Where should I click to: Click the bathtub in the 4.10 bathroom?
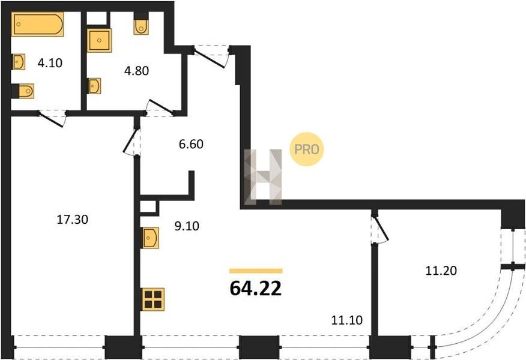(x=38, y=24)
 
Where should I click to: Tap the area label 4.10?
(x=50, y=62)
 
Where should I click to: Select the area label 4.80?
(x=136, y=71)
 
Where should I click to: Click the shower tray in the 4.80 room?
(x=99, y=40)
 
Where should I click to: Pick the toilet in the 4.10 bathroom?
(x=23, y=91)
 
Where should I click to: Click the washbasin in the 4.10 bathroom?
(x=19, y=62)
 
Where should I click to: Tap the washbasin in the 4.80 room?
(x=94, y=86)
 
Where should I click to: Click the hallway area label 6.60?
(x=191, y=144)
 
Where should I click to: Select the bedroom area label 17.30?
(x=73, y=220)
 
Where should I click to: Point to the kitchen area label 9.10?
(x=187, y=226)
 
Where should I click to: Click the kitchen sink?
(x=150, y=238)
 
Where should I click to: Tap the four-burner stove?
(x=153, y=299)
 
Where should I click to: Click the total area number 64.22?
(x=256, y=289)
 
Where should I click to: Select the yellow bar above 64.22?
(x=256, y=271)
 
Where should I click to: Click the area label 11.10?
(x=347, y=320)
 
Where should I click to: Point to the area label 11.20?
(x=441, y=271)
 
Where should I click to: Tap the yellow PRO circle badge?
(x=307, y=149)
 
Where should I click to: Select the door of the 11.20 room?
(x=381, y=228)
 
